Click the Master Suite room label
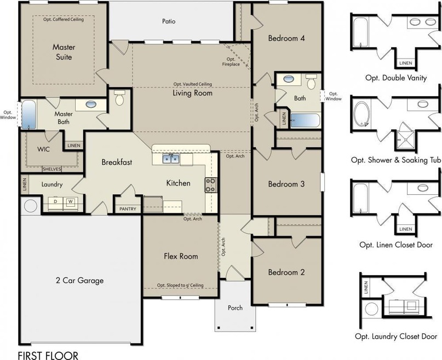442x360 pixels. (x=64, y=52)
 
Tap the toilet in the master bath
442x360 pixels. (x=119, y=97)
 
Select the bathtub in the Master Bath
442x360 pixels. (x=28, y=115)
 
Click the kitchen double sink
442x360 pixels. (x=171, y=159)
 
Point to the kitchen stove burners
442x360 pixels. (x=210, y=185)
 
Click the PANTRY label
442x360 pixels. (x=128, y=209)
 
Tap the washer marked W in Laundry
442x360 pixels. (x=71, y=202)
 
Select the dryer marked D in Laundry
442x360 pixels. (x=55, y=202)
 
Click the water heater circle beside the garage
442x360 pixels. (x=31, y=206)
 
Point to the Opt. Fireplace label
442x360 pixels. (x=231, y=62)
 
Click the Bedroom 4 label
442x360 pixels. (x=286, y=38)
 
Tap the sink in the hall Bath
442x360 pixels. (x=289, y=79)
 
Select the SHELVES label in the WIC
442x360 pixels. (x=51, y=169)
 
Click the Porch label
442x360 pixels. (x=235, y=308)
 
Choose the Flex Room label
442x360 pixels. (x=181, y=256)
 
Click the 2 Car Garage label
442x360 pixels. (x=80, y=281)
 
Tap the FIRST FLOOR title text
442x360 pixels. (x=48, y=355)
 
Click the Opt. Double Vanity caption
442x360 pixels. (x=396, y=78)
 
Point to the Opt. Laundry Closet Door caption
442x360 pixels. (x=396, y=336)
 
